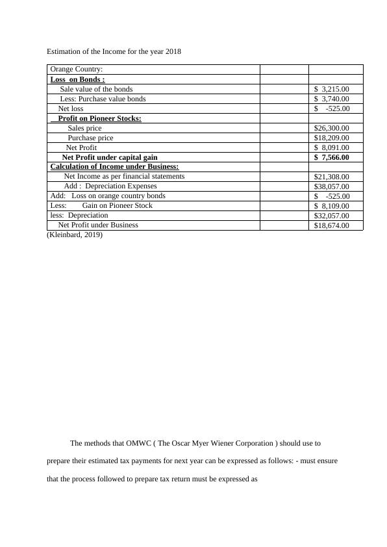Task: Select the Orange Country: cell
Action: click(76, 70)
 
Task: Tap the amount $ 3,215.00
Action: click(331, 89)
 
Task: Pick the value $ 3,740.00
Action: click(331, 99)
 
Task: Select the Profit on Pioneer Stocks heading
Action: click(99, 118)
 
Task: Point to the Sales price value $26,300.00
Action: click(331, 128)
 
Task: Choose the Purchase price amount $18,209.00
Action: click(331, 138)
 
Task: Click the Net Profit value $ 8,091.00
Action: click(331, 147)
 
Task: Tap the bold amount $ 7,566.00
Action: click(331, 157)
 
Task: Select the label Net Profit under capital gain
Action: click(110, 157)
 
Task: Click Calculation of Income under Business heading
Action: click(114, 167)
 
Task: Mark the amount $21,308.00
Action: click(331, 177)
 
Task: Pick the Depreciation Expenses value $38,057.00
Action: click(331, 186)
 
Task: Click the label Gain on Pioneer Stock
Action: click(118, 205)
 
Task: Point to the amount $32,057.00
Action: click(331, 216)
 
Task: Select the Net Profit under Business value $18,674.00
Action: click(331, 225)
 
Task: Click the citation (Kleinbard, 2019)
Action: click(75, 235)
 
